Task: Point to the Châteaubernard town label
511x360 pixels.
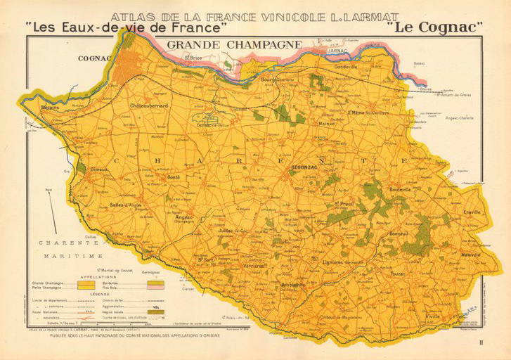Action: coord(149,105)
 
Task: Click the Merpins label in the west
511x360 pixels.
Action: coord(51,108)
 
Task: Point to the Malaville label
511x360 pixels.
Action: coord(470,254)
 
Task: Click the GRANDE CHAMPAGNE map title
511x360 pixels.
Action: coord(235,45)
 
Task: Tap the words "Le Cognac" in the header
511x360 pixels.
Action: coord(434,28)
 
